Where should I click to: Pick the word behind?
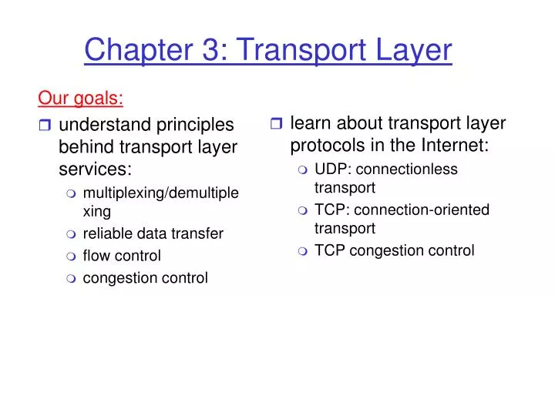[x=84, y=146]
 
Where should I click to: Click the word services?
[x=95, y=169]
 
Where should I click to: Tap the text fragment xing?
[x=97, y=211]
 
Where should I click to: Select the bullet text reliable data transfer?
[x=153, y=233]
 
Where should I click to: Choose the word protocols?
[x=327, y=146]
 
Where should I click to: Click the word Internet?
[x=453, y=146]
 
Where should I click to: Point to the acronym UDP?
[x=329, y=169]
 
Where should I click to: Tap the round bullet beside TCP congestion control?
[x=303, y=250]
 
